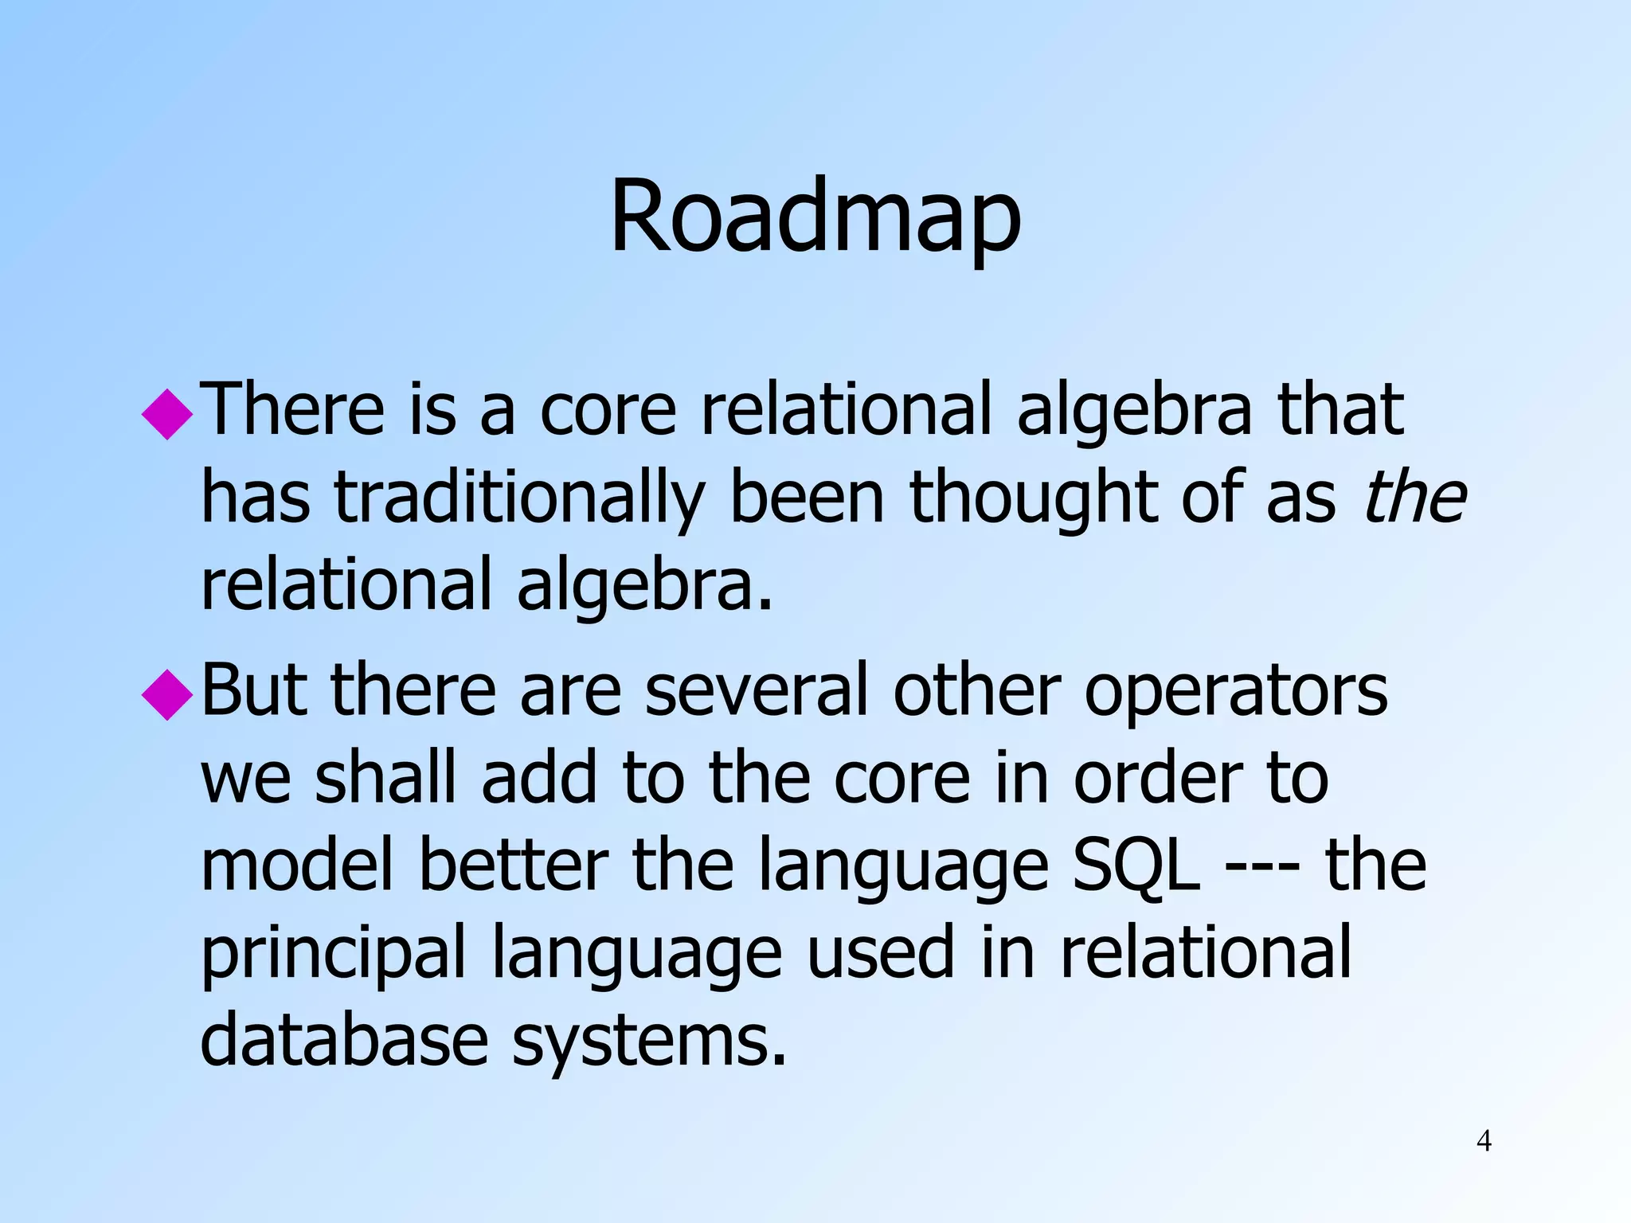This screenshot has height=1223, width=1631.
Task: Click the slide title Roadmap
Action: click(x=815, y=217)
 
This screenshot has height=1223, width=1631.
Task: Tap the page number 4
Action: click(x=1484, y=1140)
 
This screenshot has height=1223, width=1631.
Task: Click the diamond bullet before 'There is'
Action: click(x=168, y=413)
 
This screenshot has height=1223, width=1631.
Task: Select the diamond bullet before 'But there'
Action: click(x=168, y=694)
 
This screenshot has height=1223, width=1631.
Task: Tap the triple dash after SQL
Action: click(x=1261, y=868)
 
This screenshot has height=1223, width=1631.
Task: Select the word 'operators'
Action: click(x=1236, y=691)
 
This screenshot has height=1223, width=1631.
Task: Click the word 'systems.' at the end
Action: click(x=649, y=1043)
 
